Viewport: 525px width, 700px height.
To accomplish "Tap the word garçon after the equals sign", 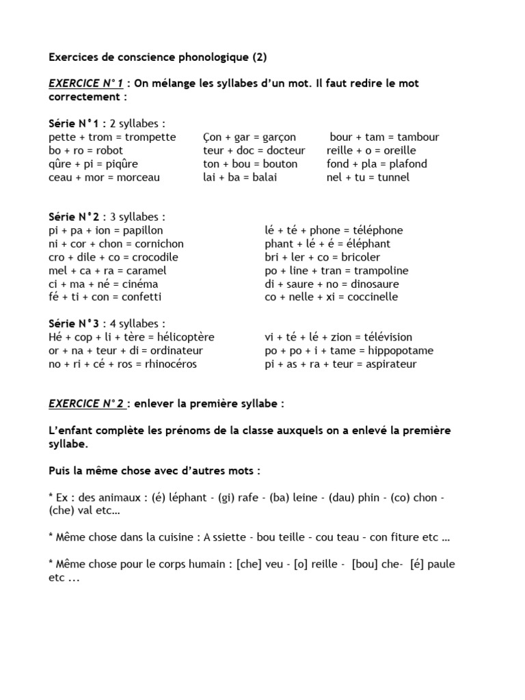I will click(279, 137).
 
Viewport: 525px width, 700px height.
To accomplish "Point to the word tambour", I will click(418, 137).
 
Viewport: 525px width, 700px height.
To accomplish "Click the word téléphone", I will click(375, 230).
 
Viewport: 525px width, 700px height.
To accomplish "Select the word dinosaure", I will click(371, 284).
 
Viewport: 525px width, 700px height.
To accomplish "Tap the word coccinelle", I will click(373, 297).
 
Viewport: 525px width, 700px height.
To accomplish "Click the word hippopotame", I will click(399, 351).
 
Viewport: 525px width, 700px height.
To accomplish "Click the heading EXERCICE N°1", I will click(87, 83).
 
